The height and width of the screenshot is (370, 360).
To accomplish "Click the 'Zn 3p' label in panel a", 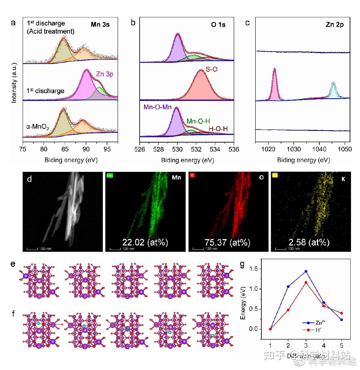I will pyautogui.click(x=104, y=74).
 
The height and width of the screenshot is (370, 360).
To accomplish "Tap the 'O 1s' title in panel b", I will pyautogui.click(x=218, y=25).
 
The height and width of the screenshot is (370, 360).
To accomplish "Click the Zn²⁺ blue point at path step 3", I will pyautogui.click(x=306, y=271).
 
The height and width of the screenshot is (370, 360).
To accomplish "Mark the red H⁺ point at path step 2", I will pyautogui.click(x=288, y=310).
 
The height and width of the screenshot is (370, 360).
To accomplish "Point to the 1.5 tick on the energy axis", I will pyautogui.click(x=254, y=268).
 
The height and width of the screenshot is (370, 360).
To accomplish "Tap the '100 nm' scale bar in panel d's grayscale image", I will pyautogui.click(x=35, y=248).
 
